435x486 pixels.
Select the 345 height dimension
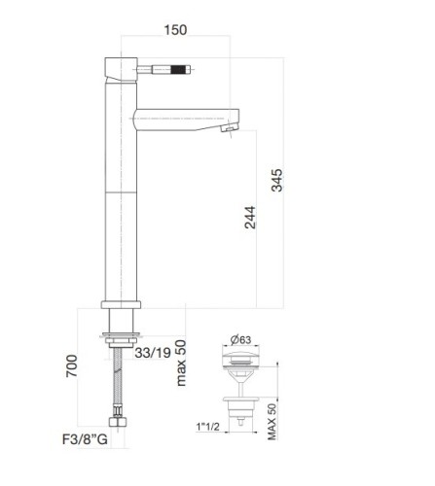coord(279,182)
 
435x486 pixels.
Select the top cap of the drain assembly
coord(240,360)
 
